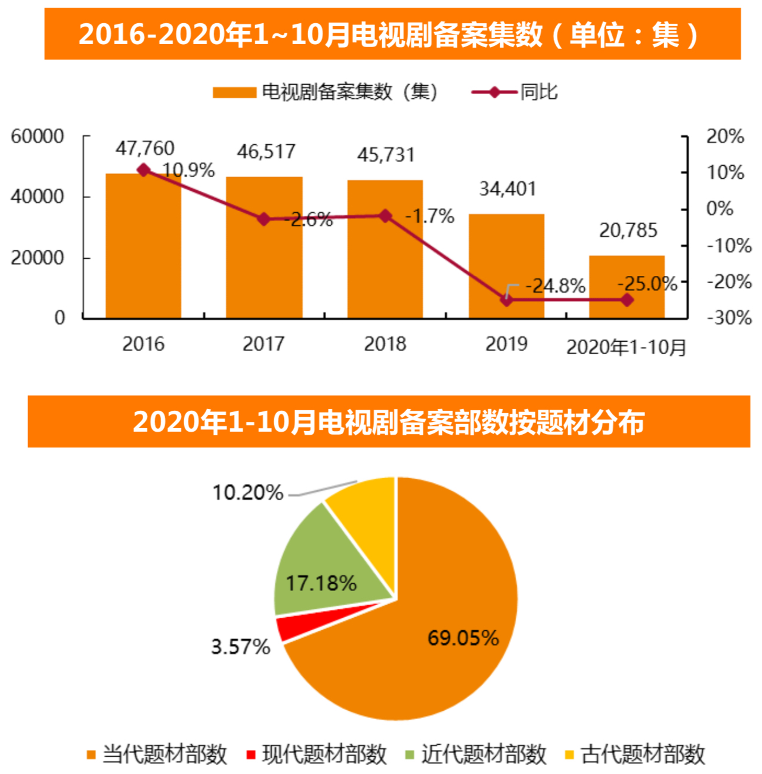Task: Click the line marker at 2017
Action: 264,219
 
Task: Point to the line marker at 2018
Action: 385,216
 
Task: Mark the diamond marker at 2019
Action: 506,300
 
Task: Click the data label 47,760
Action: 145,148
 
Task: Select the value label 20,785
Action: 628,230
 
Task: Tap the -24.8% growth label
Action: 555,286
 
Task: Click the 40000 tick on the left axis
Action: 37,197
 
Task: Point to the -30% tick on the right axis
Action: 729,318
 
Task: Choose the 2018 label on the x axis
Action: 385,344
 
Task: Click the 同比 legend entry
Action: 515,92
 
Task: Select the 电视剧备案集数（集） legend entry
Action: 326,92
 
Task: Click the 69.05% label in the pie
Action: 463,638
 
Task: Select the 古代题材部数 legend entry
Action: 635,754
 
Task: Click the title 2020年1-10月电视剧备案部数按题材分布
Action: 389,422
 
